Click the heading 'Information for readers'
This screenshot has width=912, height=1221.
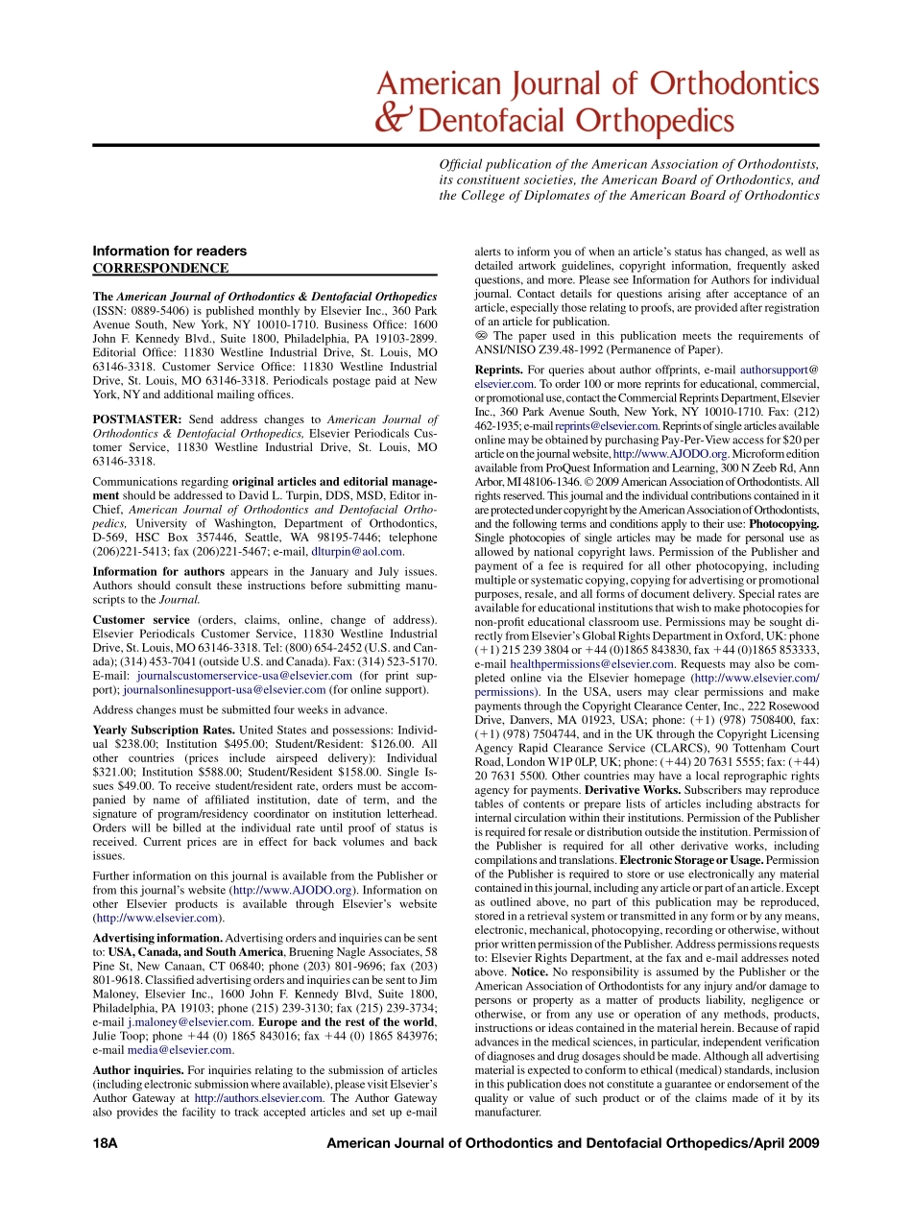point(169,251)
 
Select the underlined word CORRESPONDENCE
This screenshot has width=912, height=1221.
point(160,269)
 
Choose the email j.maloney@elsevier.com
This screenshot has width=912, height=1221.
point(190,1021)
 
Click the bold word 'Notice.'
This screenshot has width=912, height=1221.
point(530,971)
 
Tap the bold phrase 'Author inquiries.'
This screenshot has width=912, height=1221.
point(138,1069)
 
